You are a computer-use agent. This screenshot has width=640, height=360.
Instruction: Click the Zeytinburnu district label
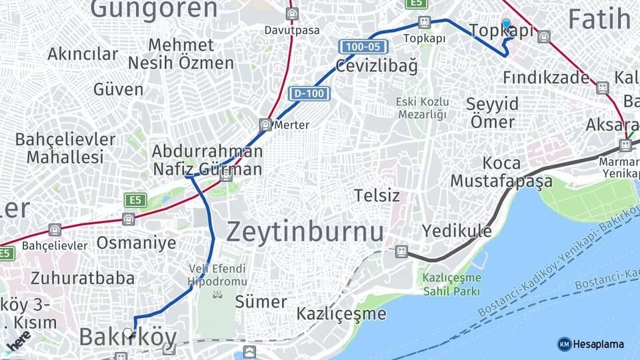[305, 232]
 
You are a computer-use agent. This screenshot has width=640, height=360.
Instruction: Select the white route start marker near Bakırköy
[128, 332]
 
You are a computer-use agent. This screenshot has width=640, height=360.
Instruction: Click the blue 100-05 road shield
[363, 47]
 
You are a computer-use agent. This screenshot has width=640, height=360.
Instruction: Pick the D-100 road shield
[309, 94]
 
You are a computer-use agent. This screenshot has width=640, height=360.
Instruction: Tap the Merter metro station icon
[265, 124]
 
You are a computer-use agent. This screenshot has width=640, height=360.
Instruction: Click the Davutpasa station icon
[292, 14]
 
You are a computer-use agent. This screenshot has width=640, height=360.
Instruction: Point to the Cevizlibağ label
[377, 66]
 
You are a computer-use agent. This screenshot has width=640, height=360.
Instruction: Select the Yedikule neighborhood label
[457, 231]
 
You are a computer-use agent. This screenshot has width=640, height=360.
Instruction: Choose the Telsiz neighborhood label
[377, 195]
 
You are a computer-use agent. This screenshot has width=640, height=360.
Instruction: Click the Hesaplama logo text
[598, 344]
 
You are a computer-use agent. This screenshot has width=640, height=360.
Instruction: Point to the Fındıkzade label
[545, 78]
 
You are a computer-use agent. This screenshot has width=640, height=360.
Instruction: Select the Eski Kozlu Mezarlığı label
[422, 108]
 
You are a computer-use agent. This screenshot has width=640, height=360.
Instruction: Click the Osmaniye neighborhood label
[136, 242]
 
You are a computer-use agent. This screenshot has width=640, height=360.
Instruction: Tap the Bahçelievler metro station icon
[55, 230]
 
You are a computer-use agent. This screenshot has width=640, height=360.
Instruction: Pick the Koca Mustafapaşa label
[501, 172]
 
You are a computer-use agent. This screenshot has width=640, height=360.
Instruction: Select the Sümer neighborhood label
[261, 301]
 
